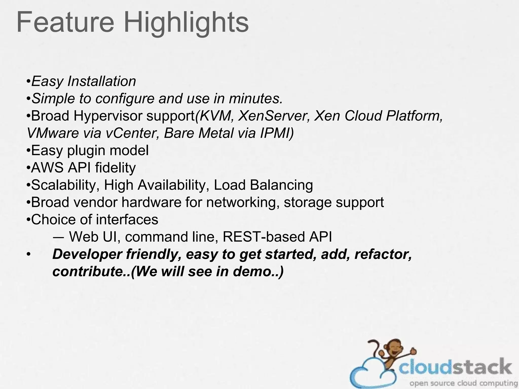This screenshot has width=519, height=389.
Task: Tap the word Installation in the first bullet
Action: (x=102, y=82)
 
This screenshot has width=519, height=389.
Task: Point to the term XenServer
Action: (x=274, y=116)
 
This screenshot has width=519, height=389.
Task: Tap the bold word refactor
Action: (x=383, y=254)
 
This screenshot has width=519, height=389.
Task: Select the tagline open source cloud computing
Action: (x=463, y=383)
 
